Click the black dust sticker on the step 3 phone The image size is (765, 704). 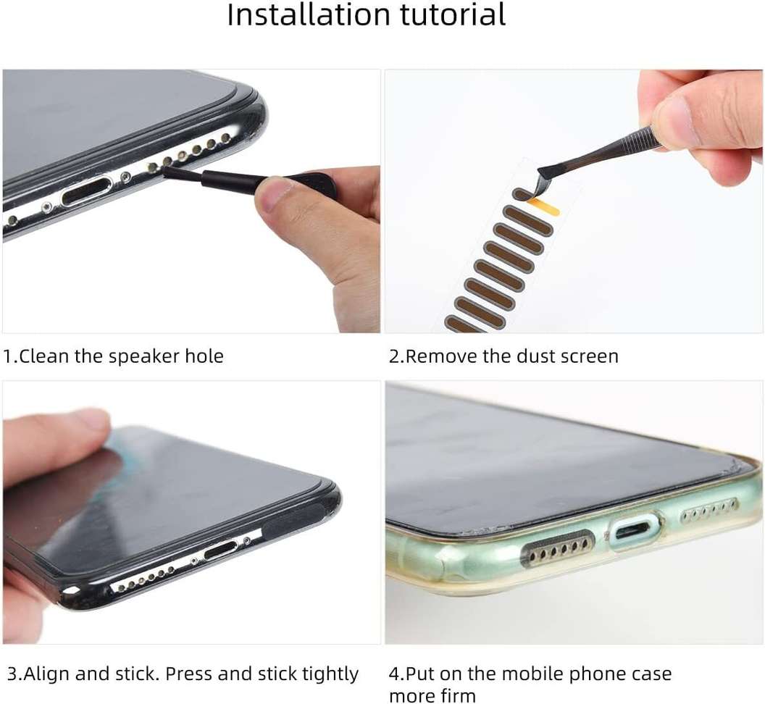[x=293, y=520]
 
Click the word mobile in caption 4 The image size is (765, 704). [x=519, y=674]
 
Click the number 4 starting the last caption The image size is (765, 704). [x=394, y=674]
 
